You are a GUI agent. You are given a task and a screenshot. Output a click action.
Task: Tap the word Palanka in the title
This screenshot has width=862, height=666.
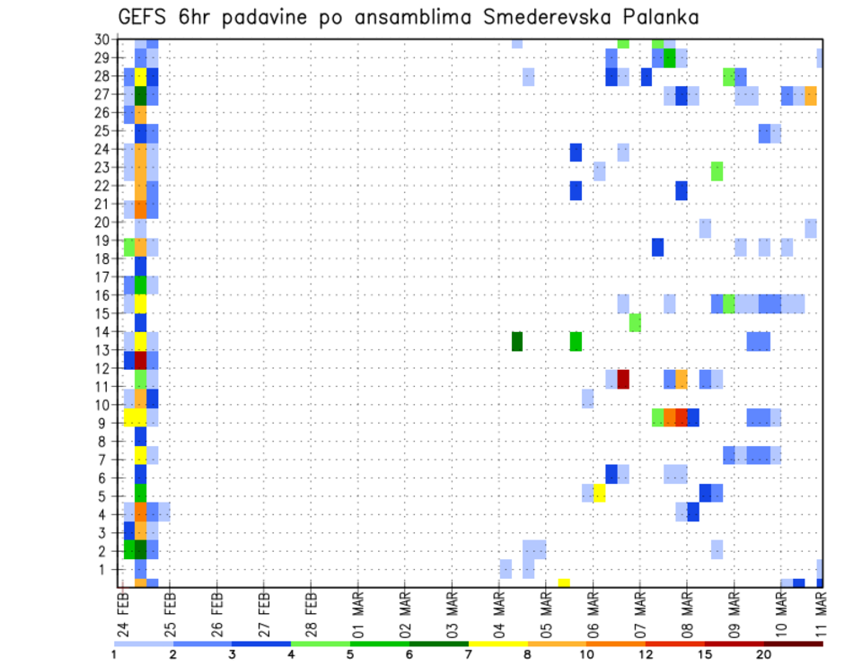click(x=655, y=17)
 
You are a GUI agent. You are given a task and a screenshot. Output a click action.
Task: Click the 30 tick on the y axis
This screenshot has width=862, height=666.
click(x=106, y=39)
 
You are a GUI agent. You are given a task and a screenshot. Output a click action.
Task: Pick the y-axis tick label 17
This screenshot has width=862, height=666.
click(x=106, y=277)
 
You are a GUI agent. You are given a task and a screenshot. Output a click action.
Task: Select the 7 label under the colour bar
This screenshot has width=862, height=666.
click(x=469, y=654)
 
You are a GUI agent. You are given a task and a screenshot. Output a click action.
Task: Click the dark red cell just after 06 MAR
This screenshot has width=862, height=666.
click(x=623, y=379)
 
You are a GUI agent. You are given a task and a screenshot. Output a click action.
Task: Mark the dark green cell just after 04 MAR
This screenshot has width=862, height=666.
click(x=517, y=342)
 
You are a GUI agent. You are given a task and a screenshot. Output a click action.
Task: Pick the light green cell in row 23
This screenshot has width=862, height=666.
click(x=717, y=171)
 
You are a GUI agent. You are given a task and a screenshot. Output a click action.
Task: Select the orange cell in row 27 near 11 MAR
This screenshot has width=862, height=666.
click(x=811, y=95)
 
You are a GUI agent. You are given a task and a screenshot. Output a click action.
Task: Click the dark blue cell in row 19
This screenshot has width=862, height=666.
click(x=657, y=247)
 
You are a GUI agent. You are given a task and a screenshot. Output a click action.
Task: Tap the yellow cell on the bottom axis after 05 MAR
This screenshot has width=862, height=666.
click(x=564, y=583)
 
